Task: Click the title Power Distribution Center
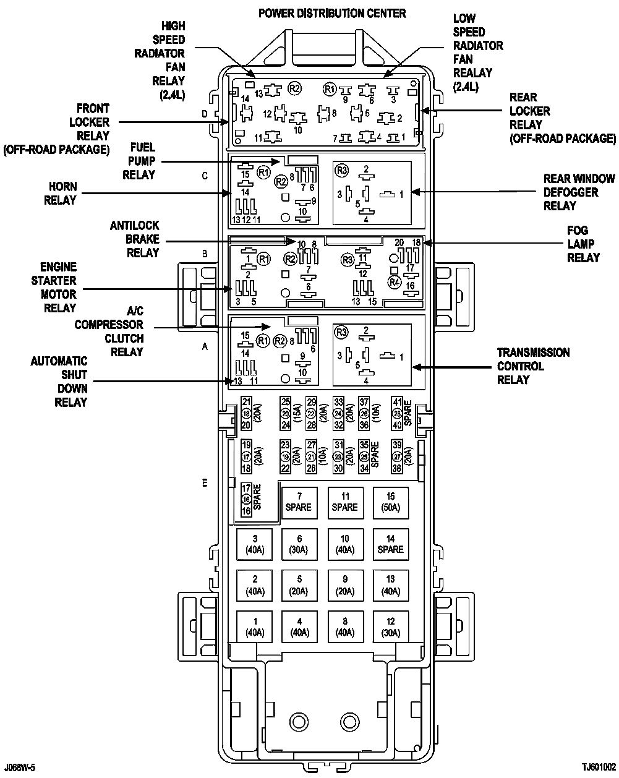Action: click(x=332, y=13)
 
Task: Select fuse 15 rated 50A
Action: click(x=390, y=502)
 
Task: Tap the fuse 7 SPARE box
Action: click(x=299, y=502)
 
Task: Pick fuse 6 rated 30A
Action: click(x=299, y=544)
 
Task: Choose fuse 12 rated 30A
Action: click(x=390, y=627)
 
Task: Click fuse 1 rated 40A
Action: click(x=254, y=627)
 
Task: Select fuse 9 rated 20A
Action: click(x=345, y=585)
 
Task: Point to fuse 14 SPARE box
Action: click(x=390, y=544)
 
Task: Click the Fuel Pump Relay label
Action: click(x=139, y=161)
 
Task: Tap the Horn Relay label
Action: click(x=60, y=193)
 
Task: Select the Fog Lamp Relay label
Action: click(x=583, y=244)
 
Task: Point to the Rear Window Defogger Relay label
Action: click(x=579, y=192)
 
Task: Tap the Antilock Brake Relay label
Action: click(x=135, y=239)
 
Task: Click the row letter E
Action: click(x=205, y=483)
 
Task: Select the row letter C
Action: click(x=205, y=176)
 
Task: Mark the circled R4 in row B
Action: click(x=395, y=282)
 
